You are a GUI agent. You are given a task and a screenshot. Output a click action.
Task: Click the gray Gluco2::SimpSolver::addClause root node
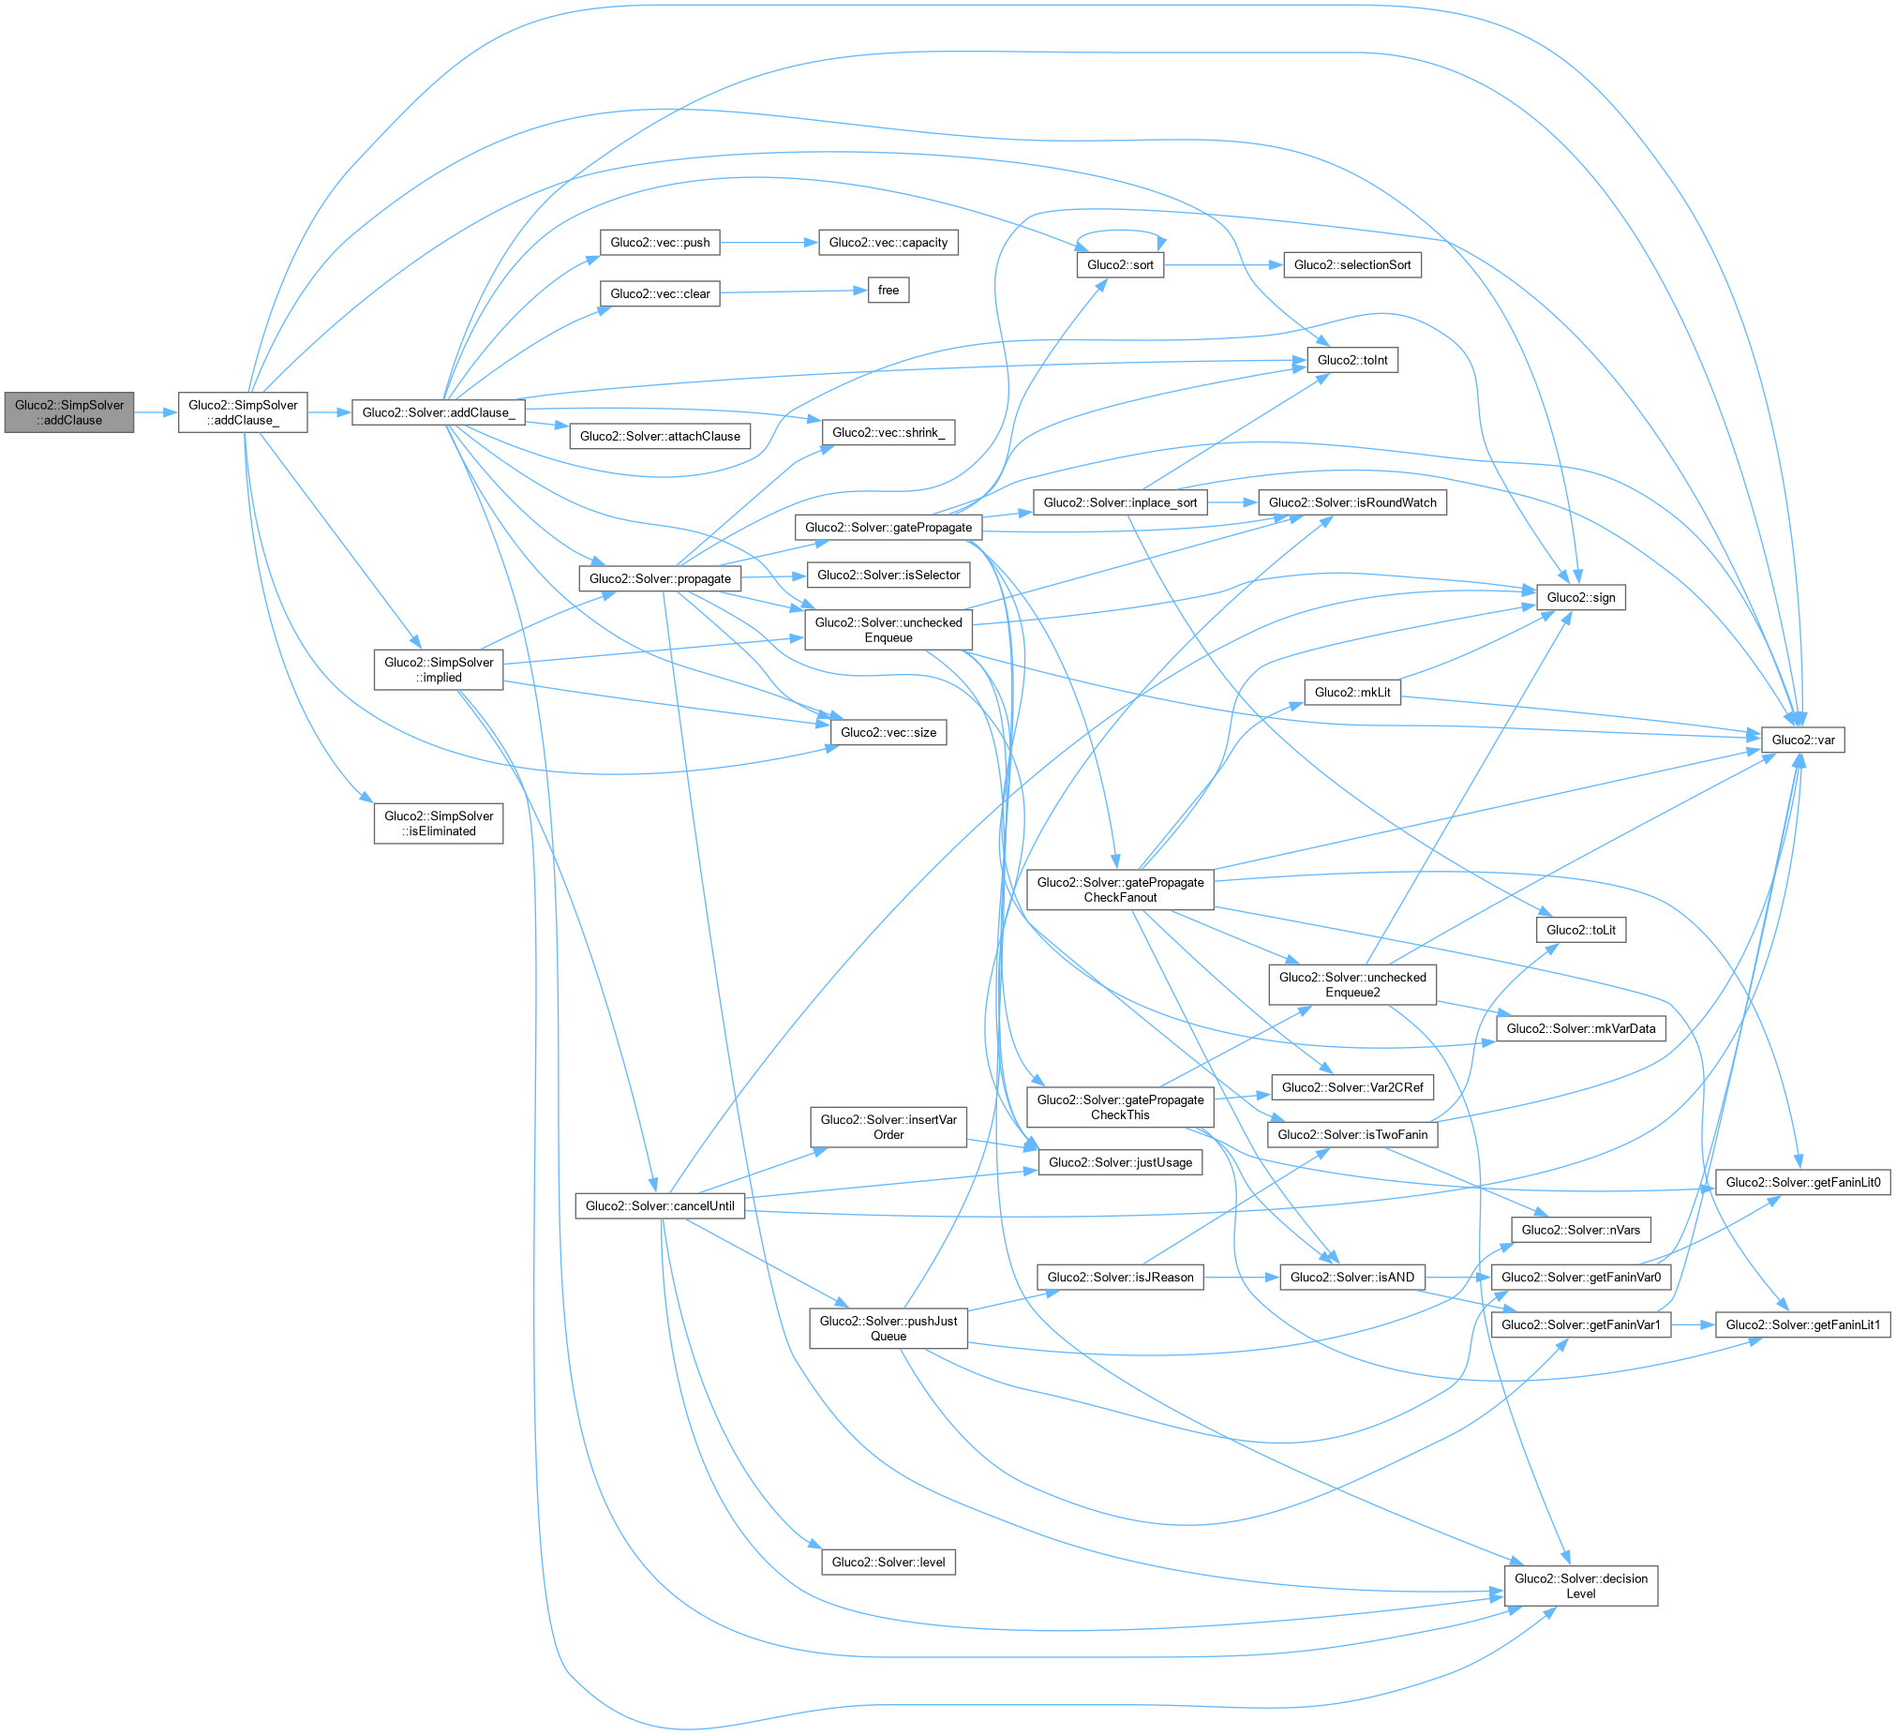(69, 411)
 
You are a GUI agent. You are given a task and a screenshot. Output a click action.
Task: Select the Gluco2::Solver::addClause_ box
(439, 411)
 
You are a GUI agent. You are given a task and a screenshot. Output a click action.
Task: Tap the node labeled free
(888, 290)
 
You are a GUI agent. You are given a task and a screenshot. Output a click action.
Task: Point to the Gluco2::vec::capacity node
(888, 242)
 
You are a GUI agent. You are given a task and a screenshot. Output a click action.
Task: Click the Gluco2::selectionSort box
(1351, 264)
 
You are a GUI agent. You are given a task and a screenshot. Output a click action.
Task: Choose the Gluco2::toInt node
(1351, 359)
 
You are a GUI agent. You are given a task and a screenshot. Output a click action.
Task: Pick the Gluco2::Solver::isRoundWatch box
(1351, 502)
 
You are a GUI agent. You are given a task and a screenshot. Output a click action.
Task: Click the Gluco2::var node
(1802, 740)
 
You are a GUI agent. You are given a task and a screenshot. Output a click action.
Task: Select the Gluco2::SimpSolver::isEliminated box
(439, 823)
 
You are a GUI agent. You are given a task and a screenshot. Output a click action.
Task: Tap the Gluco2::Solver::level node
(888, 1562)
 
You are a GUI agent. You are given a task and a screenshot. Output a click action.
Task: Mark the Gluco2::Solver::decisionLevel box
(1580, 1585)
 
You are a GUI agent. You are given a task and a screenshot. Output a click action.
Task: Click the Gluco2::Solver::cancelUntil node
(659, 1205)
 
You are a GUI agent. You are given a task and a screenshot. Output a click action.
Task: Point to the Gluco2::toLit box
(1580, 929)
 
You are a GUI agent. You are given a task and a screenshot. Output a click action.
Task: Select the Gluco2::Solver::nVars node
(1580, 1229)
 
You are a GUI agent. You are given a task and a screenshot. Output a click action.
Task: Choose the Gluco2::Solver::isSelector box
(888, 575)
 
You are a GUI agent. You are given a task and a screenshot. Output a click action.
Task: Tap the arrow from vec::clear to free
(793, 292)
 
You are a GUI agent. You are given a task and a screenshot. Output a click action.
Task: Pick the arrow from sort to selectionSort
(1223, 265)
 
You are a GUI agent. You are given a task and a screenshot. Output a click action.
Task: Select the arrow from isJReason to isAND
(1241, 1277)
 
